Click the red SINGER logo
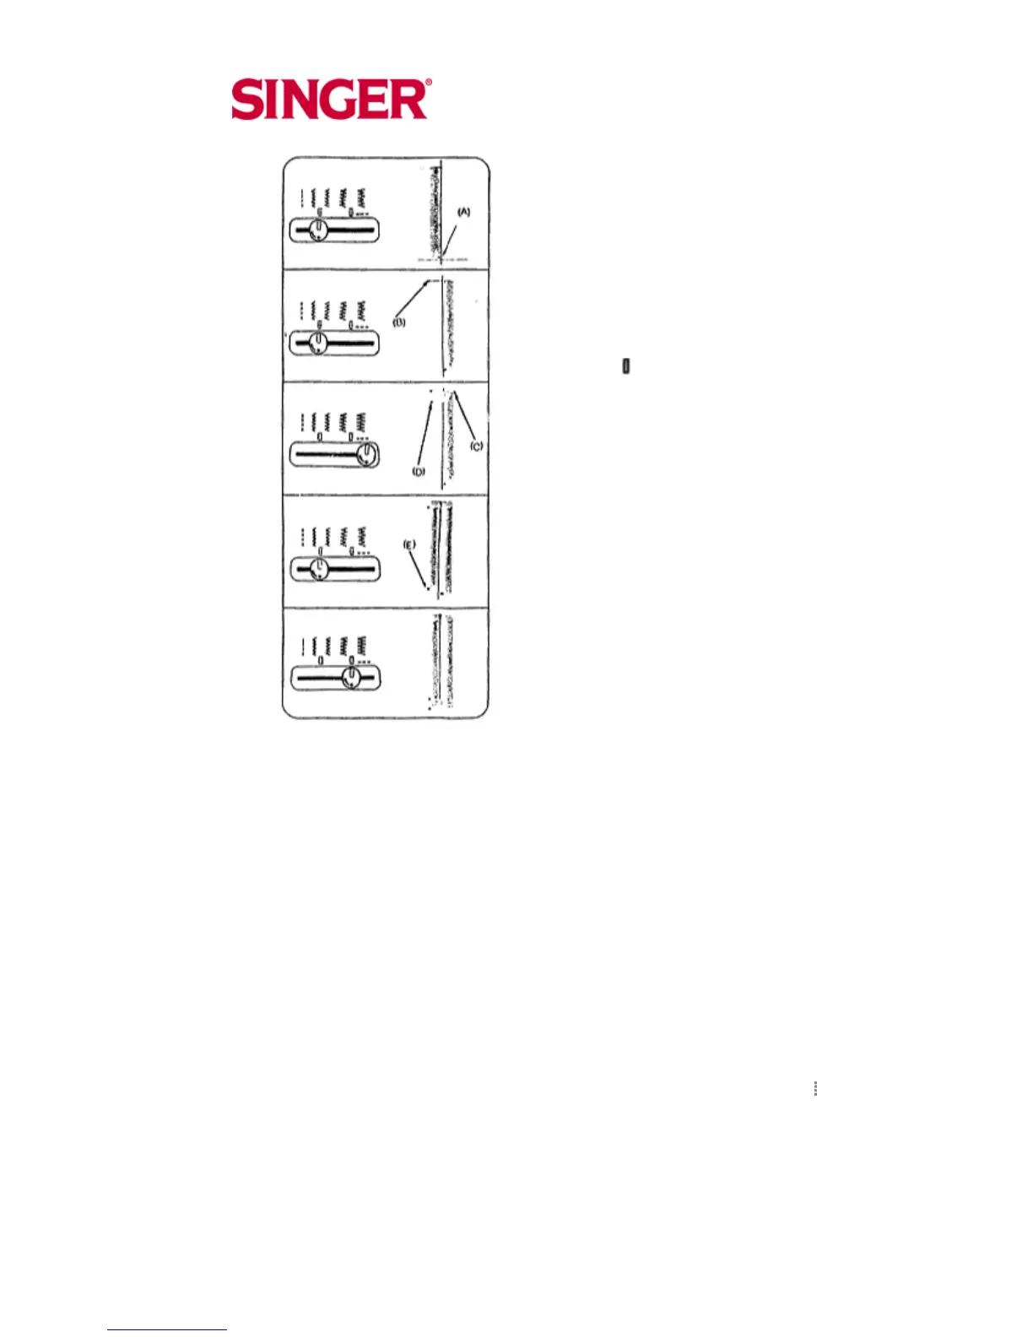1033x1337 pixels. point(331,100)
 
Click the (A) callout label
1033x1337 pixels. point(463,213)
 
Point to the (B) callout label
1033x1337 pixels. point(399,322)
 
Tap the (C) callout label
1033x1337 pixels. point(477,446)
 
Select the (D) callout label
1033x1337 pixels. point(419,472)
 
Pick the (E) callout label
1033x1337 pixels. point(409,545)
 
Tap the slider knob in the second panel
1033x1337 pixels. point(317,343)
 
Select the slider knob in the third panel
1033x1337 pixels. point(365,455)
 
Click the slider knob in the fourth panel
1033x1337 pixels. point(318,568)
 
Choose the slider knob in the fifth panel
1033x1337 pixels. point(351,677)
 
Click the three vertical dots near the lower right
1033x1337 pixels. point(815,1088)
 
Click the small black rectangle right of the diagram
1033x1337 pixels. point(626,366)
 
